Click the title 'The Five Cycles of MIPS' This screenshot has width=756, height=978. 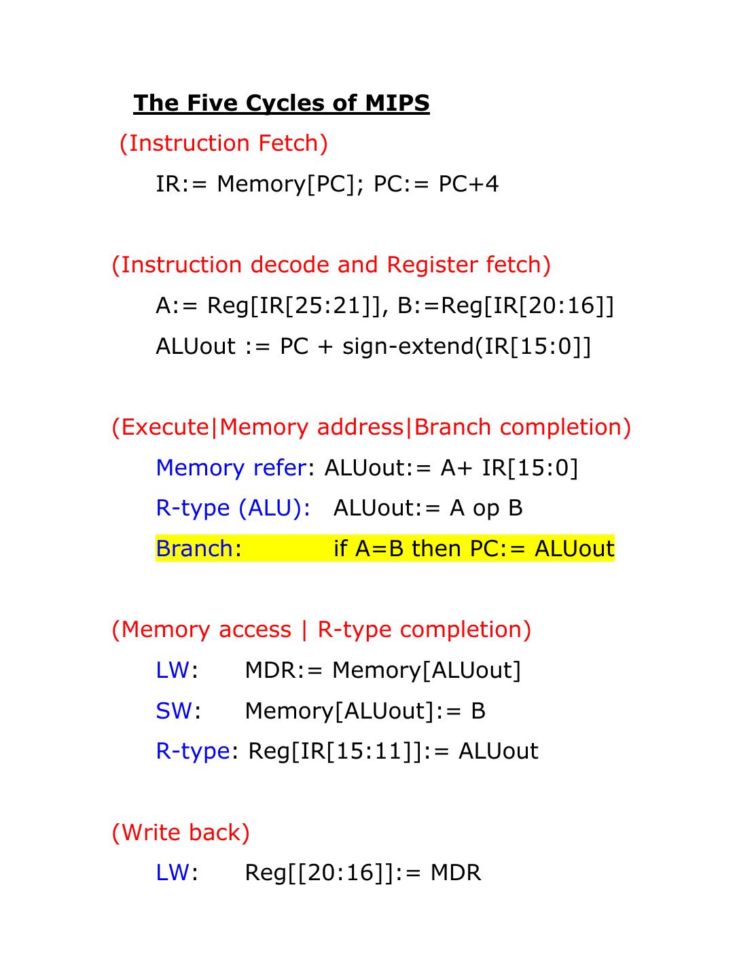281,103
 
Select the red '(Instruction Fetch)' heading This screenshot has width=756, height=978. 223,143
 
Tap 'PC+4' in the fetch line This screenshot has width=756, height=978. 468,184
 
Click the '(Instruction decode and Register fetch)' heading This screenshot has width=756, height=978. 331,265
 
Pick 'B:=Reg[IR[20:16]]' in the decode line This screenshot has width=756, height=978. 505,306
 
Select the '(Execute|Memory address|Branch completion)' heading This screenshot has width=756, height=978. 371,427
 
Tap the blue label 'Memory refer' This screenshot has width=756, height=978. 230,468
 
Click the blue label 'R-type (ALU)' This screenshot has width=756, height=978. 232,508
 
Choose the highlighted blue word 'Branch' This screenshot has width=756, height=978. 194,549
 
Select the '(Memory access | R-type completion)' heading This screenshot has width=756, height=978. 321,630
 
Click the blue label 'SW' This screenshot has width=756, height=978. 174,711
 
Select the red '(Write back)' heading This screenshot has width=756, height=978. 181,833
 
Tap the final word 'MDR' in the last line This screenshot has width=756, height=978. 456,873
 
